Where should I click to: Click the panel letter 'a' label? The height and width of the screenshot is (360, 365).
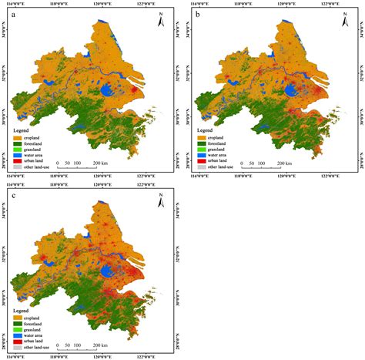coord(14,15)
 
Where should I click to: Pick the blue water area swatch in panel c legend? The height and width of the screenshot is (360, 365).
coord(17,337)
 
